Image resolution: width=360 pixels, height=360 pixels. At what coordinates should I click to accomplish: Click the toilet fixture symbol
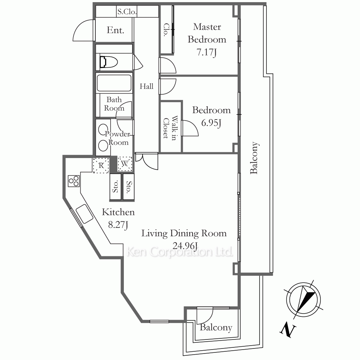tap(109, 62)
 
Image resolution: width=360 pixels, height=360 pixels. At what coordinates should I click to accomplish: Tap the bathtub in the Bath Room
tap(114, 83)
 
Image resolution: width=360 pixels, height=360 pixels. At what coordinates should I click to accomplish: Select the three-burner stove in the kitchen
tap(74, 181)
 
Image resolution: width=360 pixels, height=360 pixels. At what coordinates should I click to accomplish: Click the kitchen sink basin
tap(85, 214)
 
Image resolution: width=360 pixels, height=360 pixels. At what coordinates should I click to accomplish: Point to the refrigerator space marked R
tap(101, 165)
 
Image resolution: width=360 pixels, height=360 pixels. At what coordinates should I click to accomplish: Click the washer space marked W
tap(125, 164)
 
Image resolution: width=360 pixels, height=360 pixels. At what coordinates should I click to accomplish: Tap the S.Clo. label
tap(127, 12)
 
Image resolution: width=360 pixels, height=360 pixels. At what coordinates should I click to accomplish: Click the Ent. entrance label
tap(116, 30)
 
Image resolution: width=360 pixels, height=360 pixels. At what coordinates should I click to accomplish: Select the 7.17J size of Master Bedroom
tap(207, 52)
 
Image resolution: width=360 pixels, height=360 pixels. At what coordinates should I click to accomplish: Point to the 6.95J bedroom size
tap(211, 123)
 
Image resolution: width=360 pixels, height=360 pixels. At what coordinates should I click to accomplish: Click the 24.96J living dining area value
tap(185, 246)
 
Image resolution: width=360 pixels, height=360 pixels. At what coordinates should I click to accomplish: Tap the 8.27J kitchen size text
tap(118, 225)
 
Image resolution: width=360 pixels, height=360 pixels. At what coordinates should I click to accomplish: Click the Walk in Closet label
tap(170, 128)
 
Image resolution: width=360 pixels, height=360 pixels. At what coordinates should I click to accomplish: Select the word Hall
tap(147, 86)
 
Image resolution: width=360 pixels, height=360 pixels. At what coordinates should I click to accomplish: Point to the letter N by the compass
tap(287, 330)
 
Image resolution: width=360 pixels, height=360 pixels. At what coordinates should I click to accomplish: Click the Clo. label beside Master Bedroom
tap(166, 30)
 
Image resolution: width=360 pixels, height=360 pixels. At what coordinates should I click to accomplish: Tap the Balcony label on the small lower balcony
tap(216, 327)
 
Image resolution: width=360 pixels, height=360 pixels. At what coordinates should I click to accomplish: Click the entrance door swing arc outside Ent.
tap(79, 27)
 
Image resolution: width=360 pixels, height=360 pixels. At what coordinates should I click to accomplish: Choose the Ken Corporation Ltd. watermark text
tap(180, 252)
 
